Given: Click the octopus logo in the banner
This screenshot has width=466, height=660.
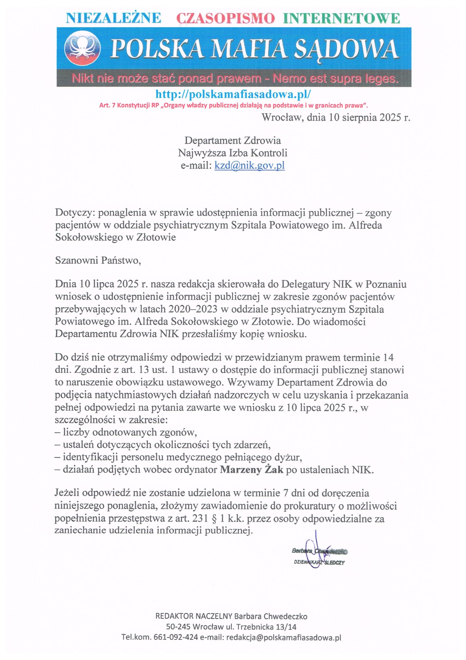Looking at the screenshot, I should [82, 48].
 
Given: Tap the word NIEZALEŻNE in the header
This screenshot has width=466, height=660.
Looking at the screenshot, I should [114, 18].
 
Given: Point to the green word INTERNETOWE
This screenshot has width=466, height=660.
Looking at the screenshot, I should [341, 18].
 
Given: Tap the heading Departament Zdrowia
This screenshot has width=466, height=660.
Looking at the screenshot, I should [232, 141].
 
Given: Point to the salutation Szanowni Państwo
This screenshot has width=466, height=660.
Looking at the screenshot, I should [98, 260].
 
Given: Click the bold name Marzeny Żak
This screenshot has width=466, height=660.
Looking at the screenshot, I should [252, 470].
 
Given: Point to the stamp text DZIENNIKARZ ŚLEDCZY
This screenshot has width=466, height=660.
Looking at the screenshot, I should [319, 563].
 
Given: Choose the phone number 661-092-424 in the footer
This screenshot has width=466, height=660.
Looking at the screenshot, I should [176, 637].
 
